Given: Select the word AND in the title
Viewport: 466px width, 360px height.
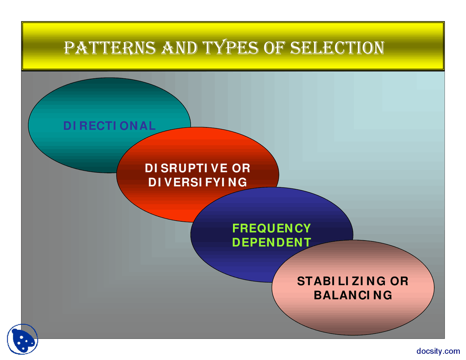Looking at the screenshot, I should (179, 48).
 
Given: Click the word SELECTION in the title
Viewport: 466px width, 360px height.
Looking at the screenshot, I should (337, 48).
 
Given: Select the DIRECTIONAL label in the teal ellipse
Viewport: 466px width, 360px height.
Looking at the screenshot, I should (109, 126).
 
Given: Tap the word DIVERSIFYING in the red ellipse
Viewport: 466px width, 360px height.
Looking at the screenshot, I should (198, 182).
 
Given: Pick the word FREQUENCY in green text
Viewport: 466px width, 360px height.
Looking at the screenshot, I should (272, 228).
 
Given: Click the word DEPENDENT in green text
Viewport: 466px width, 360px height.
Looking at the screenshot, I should (272, 242).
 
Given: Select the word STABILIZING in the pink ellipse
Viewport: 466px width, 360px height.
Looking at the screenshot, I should (341, 281).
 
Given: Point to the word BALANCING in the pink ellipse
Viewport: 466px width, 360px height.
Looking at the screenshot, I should (353, 295).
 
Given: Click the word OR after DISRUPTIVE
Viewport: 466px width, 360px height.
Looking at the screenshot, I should (241, 168).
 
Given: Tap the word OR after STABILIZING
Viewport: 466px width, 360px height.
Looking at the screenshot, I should (399, 281).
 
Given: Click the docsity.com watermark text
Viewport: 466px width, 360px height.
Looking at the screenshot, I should (438, 351).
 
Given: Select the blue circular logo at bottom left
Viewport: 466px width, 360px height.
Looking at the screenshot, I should (23, 339).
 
